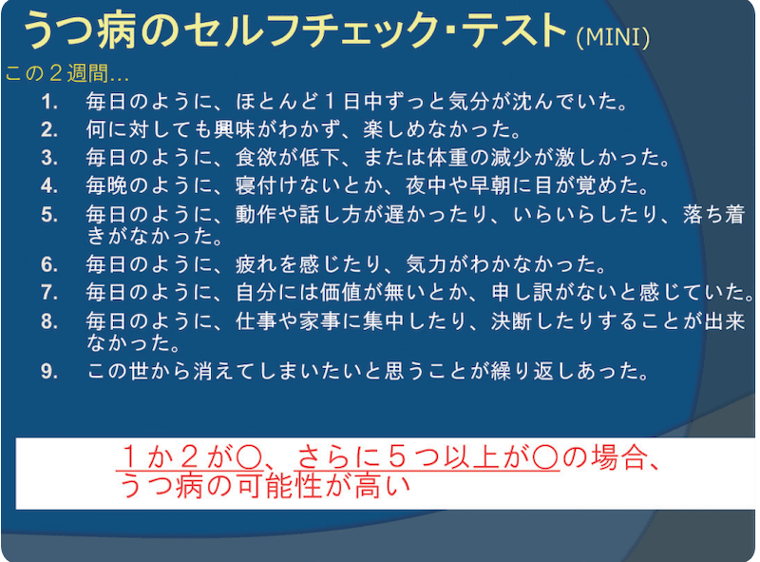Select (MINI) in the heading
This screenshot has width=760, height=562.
click(x=613, y=37)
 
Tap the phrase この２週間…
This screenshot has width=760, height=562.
click(x=66, y=73)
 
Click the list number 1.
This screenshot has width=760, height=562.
click(x=49, y=101)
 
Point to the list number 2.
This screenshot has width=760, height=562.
click(x=49, y=127)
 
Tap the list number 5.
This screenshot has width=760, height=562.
click(x=49, y=214)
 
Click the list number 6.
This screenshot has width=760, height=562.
click(x=49, y=263)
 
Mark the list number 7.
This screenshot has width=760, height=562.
click(x=49, y=290)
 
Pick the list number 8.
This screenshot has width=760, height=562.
click(x=49, y=319)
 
